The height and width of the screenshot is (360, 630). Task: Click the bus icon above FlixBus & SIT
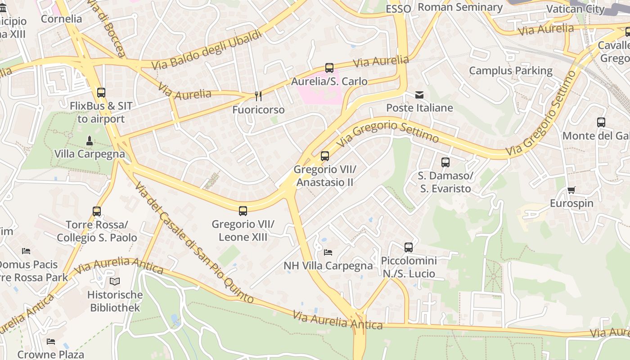click(x=101, y=93)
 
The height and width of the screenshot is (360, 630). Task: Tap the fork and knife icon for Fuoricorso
click(x=258, y=96)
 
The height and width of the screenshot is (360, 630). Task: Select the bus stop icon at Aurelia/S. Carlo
click(x=329, y=68)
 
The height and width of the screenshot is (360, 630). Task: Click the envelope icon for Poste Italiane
click(x=419, y=94)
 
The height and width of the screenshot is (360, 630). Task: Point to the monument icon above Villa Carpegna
click(x=89, y=140)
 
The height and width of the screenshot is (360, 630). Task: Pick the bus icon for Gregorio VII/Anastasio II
click(x=324, y=156)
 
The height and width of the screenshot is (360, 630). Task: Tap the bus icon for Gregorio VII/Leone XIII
click(x=243, y=211)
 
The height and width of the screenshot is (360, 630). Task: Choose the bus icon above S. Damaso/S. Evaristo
click(x=445, y=162)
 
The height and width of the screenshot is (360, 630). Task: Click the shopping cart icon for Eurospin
click(x=571, y=190)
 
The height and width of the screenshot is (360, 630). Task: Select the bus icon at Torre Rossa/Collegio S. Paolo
click(x=97, y=211)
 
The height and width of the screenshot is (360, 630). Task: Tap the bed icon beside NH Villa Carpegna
click(x=328, y=252)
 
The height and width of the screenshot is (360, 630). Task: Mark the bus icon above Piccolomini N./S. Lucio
click(x=408, y=247)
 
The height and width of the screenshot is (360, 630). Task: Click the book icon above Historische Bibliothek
click(x=115, y=282)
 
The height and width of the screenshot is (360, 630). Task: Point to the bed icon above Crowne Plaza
click(x=51, y=342)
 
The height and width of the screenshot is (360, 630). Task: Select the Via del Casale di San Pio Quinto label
click(x=194, y=243)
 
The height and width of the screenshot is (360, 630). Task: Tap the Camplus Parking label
click(x=511, y=71)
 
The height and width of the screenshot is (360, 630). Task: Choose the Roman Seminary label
click(x=460, y=7)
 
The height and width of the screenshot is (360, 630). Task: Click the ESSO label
click(x=398, y=9)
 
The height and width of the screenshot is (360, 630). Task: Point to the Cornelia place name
click(x=61, y=19)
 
